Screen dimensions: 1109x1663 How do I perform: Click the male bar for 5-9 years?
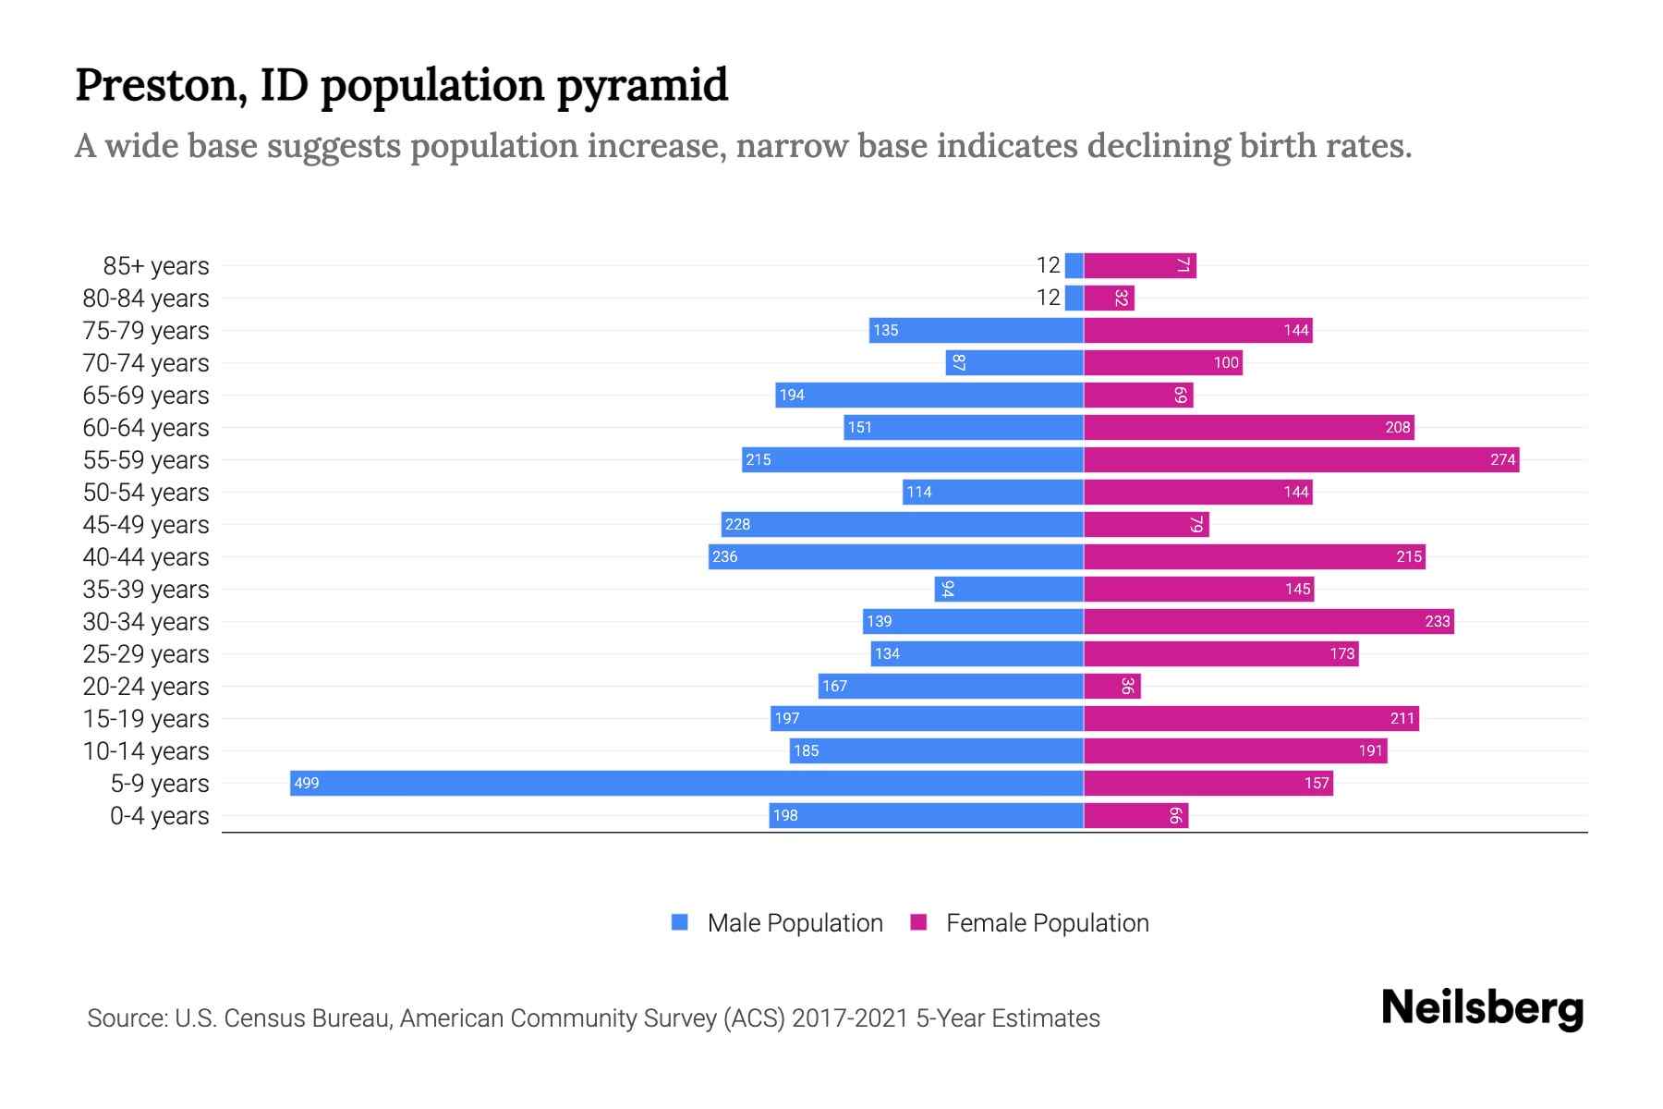686,783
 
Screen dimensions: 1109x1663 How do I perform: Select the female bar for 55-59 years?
1301,459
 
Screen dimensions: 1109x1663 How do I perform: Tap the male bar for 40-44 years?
895,556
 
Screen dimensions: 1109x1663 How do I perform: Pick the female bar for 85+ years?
1139,265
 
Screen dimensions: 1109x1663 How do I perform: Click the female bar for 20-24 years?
1111,686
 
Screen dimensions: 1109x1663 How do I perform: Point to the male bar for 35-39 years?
1009,589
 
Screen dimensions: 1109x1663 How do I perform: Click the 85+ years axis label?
155,266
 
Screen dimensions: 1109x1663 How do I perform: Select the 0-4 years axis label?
159,816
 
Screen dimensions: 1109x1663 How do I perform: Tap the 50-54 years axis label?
146,493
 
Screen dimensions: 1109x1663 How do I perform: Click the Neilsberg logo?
1482,1008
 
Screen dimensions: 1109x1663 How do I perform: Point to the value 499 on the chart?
306,784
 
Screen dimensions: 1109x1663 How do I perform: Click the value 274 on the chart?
1502,460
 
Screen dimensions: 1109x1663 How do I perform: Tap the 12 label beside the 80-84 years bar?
1048,298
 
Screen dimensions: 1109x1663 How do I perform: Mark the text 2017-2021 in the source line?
850,1018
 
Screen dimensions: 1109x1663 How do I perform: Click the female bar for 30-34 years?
1268,621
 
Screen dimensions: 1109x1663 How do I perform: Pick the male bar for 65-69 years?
929,395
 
